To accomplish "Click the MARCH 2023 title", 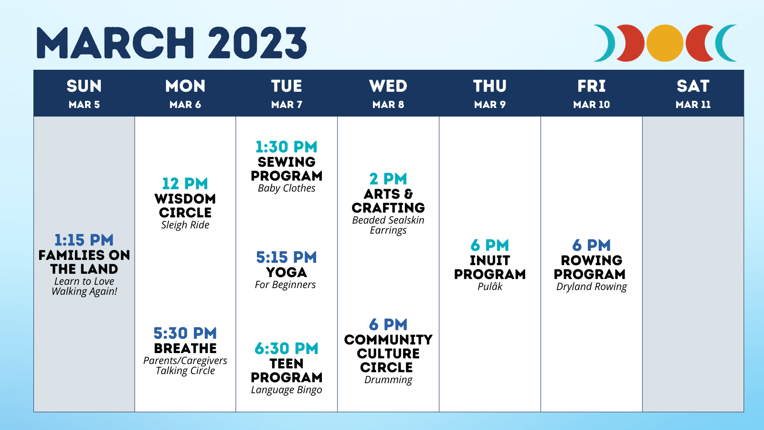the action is [171, 43].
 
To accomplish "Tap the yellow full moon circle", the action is [665, 43].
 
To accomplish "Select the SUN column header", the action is [84, 86].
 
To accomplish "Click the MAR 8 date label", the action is [388, 105].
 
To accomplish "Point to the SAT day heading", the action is [693, 86].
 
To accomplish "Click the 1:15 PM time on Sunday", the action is [84, 240].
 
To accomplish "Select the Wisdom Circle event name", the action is [185, 205].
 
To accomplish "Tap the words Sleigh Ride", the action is [185, 225].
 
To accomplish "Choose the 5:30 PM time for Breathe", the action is [185, 333].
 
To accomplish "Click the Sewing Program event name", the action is [286, 169].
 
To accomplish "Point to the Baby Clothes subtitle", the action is [286, 188].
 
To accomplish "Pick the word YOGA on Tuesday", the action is [286, 272].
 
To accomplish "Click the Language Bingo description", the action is [286, 390].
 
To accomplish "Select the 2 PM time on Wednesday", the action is [388, 179].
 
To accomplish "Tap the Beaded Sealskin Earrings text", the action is [388, 225].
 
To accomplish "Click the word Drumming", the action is [388, 380].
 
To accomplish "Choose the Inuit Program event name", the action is [490, 267].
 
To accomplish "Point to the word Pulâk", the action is [490, 286].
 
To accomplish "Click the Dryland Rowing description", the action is [592, 287].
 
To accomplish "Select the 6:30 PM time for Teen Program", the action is [286, 348].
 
